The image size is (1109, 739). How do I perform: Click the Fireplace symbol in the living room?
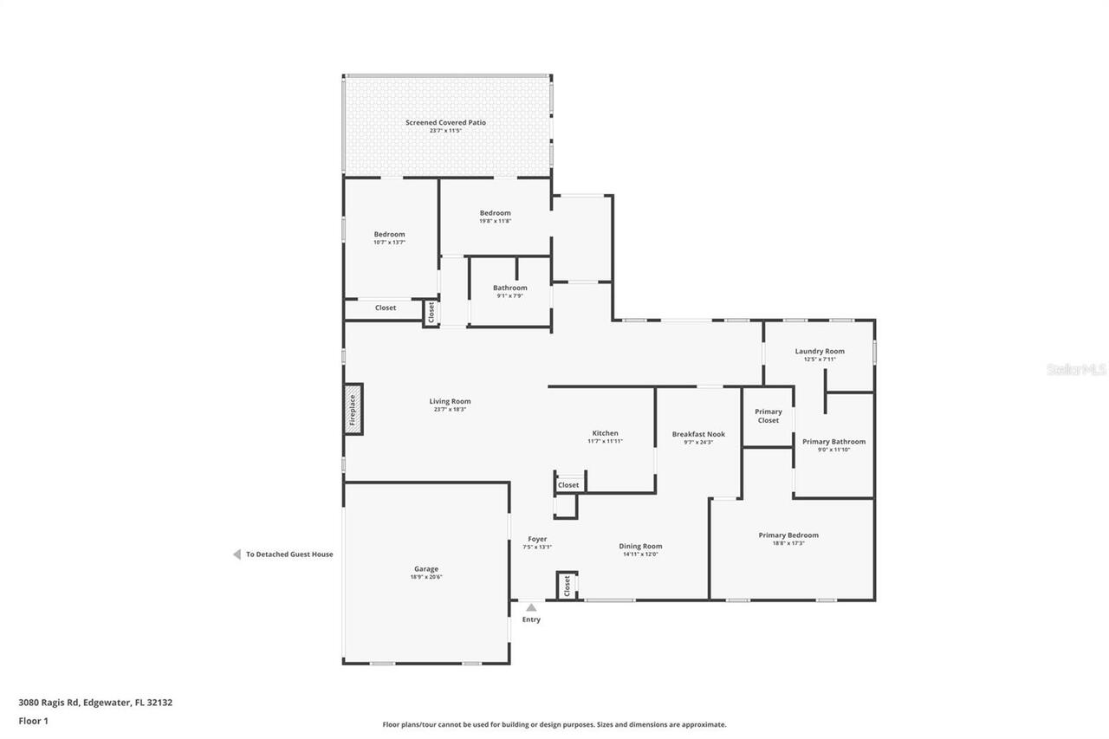click(353, 409)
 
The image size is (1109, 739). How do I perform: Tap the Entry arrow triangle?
click(531, 607)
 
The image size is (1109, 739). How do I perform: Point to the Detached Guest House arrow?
click(237, 554)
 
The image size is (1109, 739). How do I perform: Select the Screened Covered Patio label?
click(445, 123)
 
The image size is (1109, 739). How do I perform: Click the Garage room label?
click(425, 569)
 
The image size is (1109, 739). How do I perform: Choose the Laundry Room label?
click(820, 351)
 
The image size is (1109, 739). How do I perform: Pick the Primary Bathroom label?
click(833, 442)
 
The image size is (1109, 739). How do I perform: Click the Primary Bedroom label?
click(788, 535)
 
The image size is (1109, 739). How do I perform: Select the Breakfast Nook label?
click(698, 434)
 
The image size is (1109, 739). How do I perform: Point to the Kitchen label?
click(605, 433)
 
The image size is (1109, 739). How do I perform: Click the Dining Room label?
click(640, 546)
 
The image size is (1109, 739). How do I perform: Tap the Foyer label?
click(537, 539)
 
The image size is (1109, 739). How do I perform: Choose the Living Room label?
click(450, 401)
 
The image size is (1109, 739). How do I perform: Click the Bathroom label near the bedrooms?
click(509, 288)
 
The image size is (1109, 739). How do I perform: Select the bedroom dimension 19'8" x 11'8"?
click(495, 221)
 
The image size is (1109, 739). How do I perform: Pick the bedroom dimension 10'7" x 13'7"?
click(389, 243)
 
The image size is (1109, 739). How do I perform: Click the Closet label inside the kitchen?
click(568, 485)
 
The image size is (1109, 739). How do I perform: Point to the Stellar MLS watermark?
click(1075, 370)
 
